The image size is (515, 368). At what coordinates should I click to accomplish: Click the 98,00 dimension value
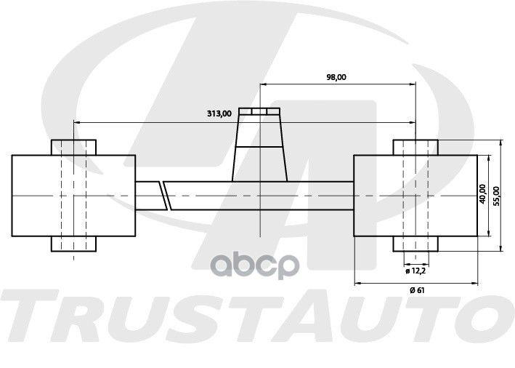pyautogui.click(x=336, y=77)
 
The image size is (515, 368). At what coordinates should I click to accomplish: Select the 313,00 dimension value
pyautogui.click(x=219, y=113)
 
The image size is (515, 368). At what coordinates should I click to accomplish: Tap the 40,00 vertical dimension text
pyautogui.click(x=482, y=193)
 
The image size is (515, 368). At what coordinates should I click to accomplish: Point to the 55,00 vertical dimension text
pyautogui.click(x=496, y=196)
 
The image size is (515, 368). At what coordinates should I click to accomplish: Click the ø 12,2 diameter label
pyautogui.click(x=415, y=271)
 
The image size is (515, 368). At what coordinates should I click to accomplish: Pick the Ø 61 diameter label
pyautogui.click(x=417, y=290)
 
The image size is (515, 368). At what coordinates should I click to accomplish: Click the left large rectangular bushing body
pyautogui.click(x=73, y=196)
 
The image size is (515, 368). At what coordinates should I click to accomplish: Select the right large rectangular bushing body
pyautogui.click(x=415, y=196)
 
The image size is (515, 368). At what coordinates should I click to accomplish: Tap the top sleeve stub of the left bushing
pyautogui.click(x=73, y=148)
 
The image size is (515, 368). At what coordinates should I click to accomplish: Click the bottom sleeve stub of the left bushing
pyautogui.click(x=73, y=244)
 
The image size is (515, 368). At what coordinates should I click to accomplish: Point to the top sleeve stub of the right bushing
pyautogui.click(x=415, y=148)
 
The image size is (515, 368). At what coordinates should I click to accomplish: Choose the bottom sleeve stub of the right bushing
pyautogui.click(x=415, y=244)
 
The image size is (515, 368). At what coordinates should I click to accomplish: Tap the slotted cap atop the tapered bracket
pyautogui.click(x=259, y=111)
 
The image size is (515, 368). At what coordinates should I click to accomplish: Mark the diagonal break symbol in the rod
pyautogui.click(x=165, y=196)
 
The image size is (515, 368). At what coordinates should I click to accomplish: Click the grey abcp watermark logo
pyautogui.click(x=254, y=265)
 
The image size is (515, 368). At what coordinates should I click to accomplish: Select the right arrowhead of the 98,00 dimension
pyautogui.click(x=413, y=84)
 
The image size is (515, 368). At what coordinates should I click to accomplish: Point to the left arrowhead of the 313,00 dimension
pyautogui.click(x=77, y=123)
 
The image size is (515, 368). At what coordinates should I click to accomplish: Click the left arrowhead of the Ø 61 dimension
pyautogui.click(x=358, y=283)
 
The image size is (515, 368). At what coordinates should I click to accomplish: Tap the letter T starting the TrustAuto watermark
pyautogui.click(x=30, y=316)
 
